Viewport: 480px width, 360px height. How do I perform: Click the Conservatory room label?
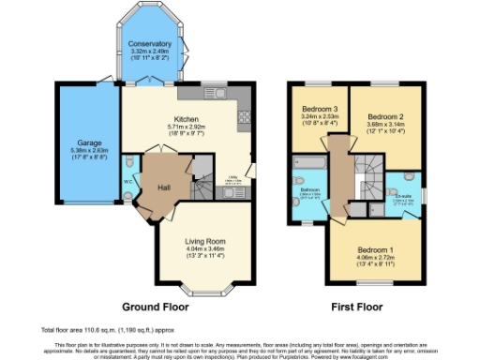pos(151,43)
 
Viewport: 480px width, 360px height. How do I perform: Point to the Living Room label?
pos(204,241)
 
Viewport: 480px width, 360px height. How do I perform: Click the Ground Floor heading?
pos(156,307)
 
